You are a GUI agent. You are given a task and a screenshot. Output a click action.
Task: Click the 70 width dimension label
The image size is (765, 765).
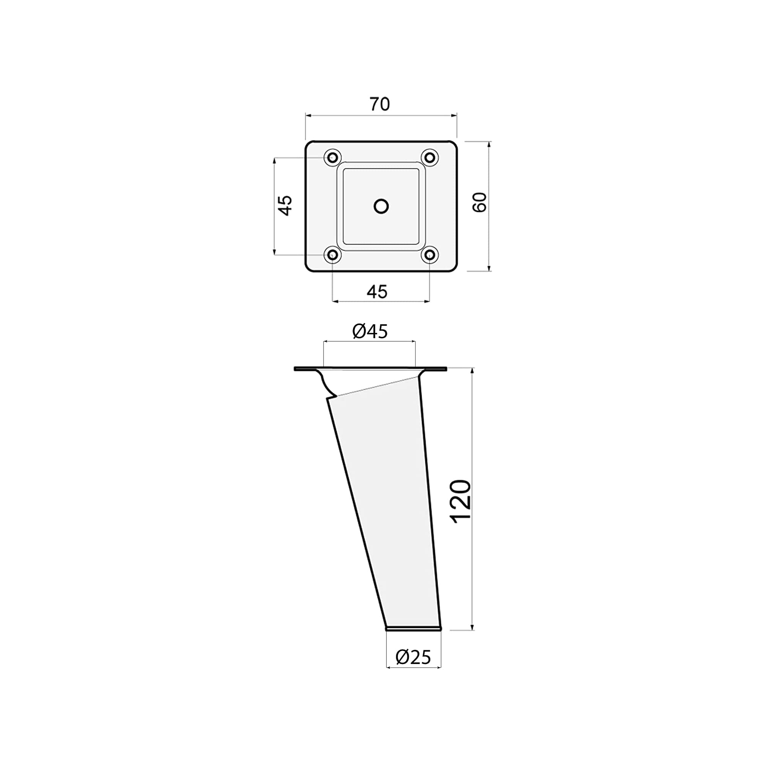380,104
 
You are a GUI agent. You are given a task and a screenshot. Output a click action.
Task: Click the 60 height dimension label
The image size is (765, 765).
480,202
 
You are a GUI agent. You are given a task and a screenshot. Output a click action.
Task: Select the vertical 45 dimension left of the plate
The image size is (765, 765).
285,205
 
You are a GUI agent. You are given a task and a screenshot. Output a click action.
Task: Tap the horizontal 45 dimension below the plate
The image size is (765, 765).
377,292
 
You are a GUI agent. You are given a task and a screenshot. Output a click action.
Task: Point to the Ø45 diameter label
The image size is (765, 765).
370,331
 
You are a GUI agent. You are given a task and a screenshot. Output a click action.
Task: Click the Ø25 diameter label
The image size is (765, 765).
413,657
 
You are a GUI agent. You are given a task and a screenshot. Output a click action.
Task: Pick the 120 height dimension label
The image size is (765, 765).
462,502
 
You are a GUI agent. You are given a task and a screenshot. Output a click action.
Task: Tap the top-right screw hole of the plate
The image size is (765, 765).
430,158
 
